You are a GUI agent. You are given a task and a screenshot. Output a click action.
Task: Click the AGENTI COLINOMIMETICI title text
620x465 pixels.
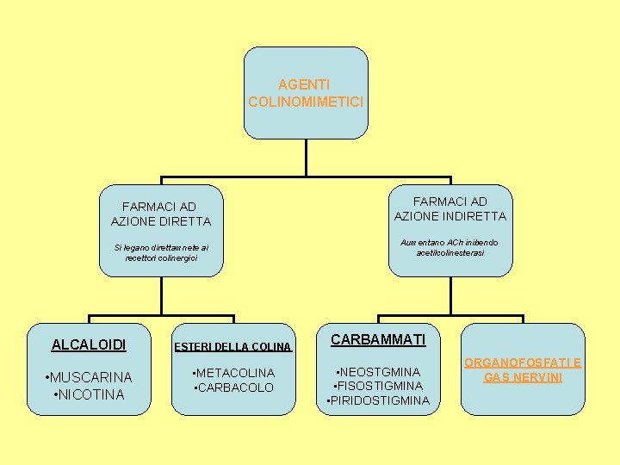[x=306, y=93]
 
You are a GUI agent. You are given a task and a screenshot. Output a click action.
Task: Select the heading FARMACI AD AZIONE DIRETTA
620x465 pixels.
[x=160, y=214]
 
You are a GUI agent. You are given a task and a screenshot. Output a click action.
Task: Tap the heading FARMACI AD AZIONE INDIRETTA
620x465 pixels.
[x=449, y=208]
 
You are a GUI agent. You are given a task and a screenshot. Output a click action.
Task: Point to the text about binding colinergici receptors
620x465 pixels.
[x=161, y=253]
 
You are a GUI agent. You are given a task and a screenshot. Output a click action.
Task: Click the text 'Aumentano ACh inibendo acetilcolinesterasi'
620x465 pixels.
[x=450, y=247]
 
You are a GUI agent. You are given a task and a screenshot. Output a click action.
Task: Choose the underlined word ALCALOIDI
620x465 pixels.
[x=89, y=344]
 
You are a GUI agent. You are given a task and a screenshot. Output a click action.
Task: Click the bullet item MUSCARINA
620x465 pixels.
[x=90, y=377]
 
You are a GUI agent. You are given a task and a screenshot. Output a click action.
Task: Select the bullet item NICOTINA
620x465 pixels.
[x=89, y=394]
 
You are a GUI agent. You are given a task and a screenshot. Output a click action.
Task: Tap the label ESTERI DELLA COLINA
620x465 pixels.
[x=233, y=348]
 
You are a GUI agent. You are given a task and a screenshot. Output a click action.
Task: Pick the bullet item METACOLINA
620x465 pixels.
[x=234, y=373]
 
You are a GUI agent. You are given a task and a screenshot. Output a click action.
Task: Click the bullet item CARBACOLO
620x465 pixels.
[x=234, y=387]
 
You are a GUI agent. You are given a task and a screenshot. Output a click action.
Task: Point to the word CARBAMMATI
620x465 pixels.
[x=378, y=339]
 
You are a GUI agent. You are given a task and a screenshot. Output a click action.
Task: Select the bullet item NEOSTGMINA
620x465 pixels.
[x=378, y=372]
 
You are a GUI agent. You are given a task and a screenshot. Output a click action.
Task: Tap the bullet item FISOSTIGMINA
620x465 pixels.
[x=378, y=386]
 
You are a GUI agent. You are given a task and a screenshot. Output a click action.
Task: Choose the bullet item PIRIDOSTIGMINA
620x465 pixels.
[x=378, y=400]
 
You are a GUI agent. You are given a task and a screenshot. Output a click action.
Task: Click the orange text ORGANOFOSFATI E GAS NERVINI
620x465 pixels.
[x=523, y=369]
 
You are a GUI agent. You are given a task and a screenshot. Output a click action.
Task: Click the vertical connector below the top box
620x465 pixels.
[x=306, y=158]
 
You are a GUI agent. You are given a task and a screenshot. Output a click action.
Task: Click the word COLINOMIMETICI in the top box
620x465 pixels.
[x=306, y=102]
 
